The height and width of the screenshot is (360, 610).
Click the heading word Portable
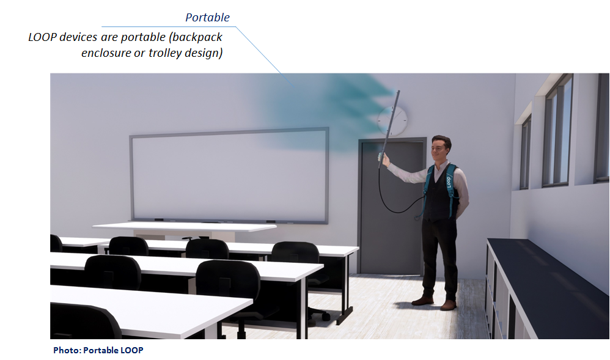pyautogui.click(x=207, y=18)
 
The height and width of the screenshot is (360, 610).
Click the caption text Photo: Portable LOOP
pyautogui.click(x=98, y=350)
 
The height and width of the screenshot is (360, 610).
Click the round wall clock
pyautogui.click(x=392, y=121)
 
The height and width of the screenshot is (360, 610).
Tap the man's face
pyautogui.click(x=439, y=150)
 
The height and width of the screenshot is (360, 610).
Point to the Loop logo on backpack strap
pyautogui.click(x=449, y=182)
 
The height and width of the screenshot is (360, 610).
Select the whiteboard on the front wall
pyautogui.click(x=229, y=176)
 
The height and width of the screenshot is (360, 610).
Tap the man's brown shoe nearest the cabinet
pyautogui.click(x=448, y=305)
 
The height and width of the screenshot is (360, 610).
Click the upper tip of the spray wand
pyautogui.click(x=398, y=92)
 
